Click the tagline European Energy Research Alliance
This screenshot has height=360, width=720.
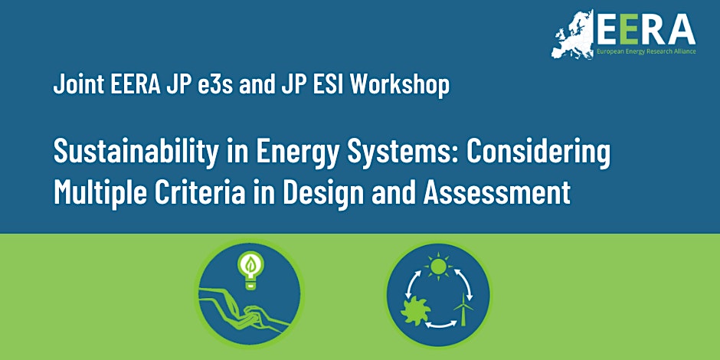(646, 51)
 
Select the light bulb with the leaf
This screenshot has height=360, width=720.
(250, 270)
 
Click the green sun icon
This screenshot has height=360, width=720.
(439, 266)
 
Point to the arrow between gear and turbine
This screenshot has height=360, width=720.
(441, 324)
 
